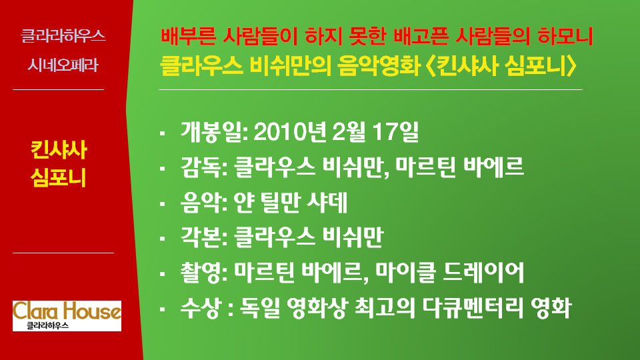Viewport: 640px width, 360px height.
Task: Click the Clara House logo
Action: tap(67, 316)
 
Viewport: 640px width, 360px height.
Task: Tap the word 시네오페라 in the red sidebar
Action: tap(63, 65)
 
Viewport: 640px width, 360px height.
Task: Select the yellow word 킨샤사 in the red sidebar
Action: tap(59, 150)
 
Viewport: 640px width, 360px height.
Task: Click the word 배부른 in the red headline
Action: tap(188, 36)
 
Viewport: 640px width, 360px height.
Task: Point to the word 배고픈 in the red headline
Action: tap(421, 36)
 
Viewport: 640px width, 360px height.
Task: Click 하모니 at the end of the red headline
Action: tap(565, 36)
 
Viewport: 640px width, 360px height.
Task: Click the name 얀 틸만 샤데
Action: tap(290, 203)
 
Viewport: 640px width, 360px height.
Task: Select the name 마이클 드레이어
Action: tap(449, 273)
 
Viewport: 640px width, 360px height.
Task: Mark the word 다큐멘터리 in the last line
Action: tap(472, 308)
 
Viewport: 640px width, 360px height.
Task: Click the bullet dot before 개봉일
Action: tap(163, 132)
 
